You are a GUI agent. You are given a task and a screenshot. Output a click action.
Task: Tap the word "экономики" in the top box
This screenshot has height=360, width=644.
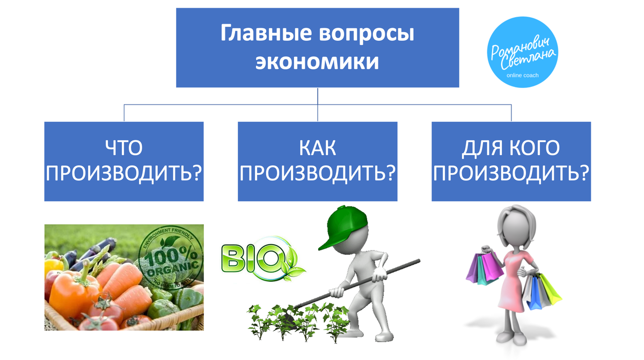(x=317, y=62)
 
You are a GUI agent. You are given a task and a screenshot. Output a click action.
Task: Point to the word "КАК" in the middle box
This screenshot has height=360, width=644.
(x=317, y=148)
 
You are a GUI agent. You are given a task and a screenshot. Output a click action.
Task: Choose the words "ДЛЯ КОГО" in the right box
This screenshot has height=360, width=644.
(x=511, y=148)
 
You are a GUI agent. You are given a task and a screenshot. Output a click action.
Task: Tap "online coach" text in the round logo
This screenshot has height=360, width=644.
(x=522, y=76)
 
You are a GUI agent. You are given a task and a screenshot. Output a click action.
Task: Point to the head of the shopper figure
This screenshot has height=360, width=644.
(x=515, y=225)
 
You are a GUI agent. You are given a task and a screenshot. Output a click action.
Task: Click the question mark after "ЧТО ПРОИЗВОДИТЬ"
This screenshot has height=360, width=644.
(x=196, y=173)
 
